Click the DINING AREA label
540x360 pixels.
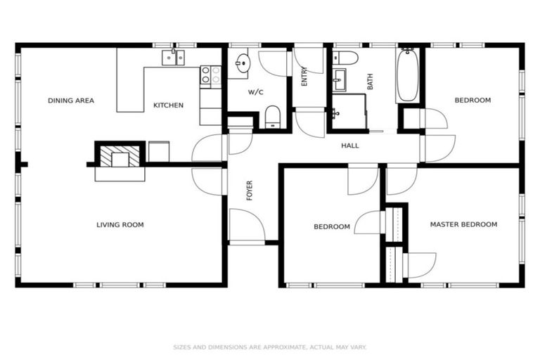click(x=70, y=101)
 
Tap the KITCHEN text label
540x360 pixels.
click(x=168, y=105)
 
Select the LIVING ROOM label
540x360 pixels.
click(x=120, y=225)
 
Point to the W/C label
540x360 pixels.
click(x=255, y=92)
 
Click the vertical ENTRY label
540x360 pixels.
click(x=304, y=77)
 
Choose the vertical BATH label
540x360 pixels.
click(x=370, y=81)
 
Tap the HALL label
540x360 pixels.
click(x=349, y=146)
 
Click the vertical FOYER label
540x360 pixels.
click(x=249, y=191)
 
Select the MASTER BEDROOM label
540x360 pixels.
click(x=463, y=224)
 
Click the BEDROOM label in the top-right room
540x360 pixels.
click(x=472, y=101)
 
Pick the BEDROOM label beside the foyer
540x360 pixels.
click(x=331, y=226)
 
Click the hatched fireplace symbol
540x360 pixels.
click(x=112, y=155)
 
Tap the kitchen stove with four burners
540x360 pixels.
click(x=210, y=75)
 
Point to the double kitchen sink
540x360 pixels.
click(x=173, y=58)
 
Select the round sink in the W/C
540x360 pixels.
click(x=242, y=63)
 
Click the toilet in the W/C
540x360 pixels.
click(x=273, y=116)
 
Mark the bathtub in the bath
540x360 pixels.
click(x=408, y=76)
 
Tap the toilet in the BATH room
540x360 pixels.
click(x=345, y=58)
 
